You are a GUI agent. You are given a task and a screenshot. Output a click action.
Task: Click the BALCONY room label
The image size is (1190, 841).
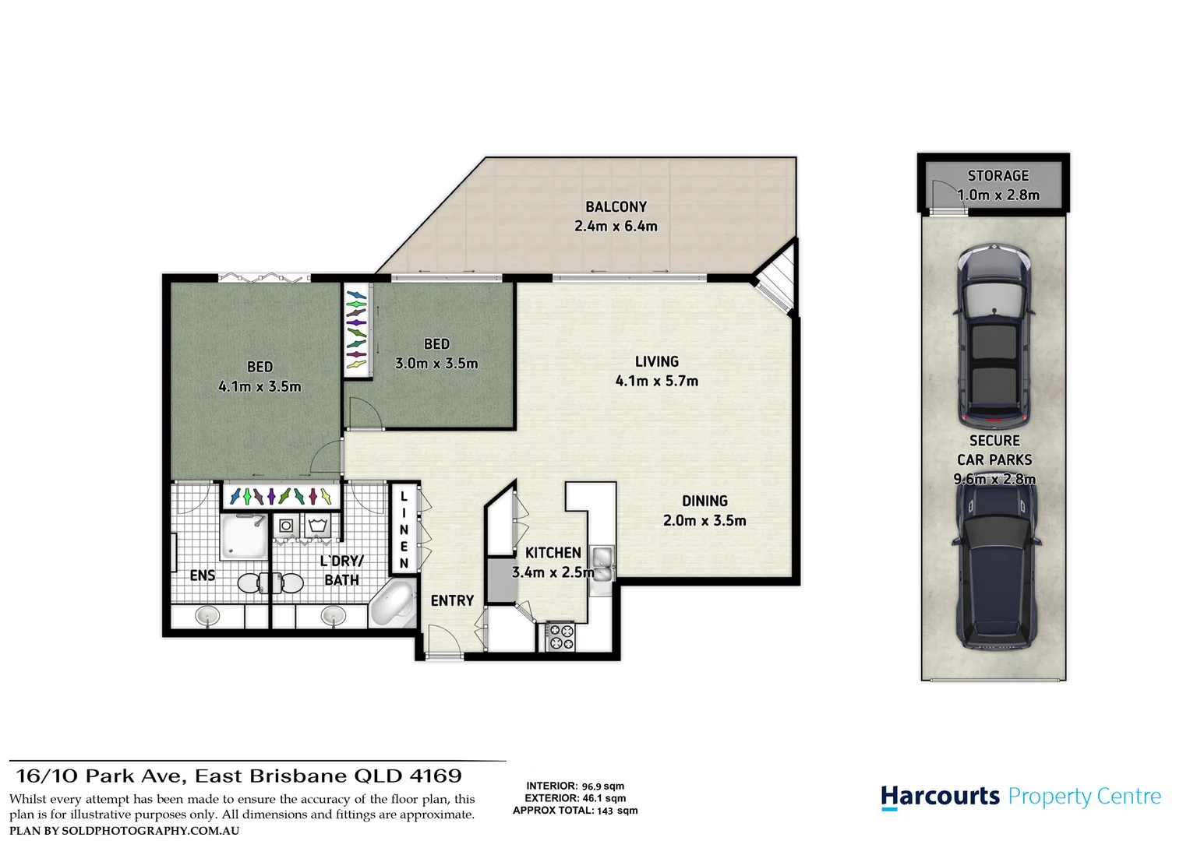point(616,207)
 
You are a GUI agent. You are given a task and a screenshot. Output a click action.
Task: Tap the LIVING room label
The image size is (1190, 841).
point(656,361)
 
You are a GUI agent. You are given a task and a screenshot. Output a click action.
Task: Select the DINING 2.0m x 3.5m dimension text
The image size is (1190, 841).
point(704,521)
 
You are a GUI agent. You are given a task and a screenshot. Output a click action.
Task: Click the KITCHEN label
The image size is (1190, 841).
point(553,553)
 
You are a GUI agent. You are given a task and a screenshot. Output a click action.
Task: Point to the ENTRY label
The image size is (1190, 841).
point(452,600)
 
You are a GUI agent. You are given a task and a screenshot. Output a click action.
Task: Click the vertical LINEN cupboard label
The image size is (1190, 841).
point(404,530)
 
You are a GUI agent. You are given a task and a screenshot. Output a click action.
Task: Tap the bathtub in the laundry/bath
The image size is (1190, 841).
point(394,604)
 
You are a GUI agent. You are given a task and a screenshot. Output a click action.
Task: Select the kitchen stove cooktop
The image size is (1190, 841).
point(560,636)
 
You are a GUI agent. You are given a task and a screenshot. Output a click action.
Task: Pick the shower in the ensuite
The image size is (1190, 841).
point(244,536)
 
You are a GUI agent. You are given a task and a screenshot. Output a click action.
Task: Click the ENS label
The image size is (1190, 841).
point(203,575)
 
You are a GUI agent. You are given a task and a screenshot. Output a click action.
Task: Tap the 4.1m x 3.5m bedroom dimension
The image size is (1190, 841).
point(260,386)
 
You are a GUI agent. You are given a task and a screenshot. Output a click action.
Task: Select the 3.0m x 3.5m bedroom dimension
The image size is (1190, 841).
point(436,363)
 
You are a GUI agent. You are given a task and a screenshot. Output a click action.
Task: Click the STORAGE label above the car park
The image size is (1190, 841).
point(998,176)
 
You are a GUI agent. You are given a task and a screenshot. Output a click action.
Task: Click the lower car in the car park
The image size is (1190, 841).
point(994,572)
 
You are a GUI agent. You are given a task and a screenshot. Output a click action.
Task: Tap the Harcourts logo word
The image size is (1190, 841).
point(940,797)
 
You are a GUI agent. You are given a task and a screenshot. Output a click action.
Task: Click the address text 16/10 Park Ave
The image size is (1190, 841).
point(100,776)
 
